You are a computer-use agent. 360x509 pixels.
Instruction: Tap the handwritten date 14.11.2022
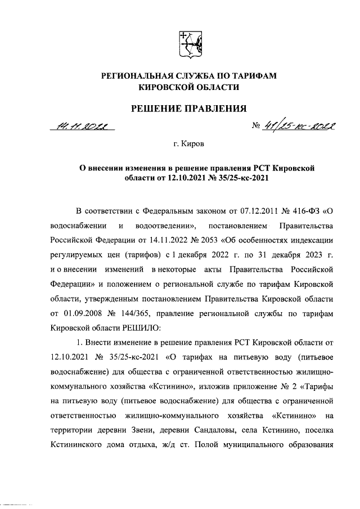click(83, 127)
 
